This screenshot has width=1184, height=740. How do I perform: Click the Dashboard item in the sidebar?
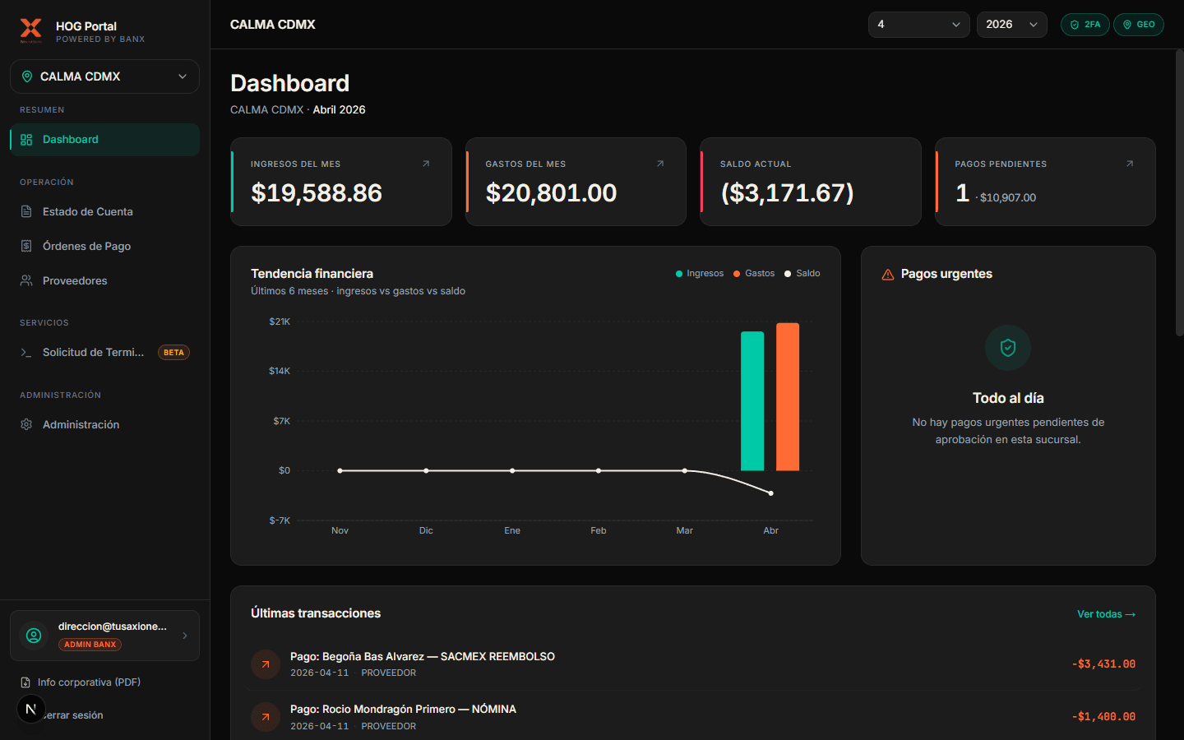point(71,140)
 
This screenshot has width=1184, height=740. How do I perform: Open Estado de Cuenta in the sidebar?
point(87,212)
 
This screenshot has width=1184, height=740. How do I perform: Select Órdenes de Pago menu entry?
point(86,247)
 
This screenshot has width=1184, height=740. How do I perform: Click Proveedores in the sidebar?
point(75,281)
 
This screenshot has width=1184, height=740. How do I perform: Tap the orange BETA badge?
point(173,353)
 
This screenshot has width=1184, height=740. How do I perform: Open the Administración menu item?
point(81,425)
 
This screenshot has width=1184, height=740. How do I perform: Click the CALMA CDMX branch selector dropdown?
point(104,76)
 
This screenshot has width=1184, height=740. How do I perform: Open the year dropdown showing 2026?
point(1011,25)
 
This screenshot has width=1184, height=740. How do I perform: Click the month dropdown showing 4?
point(918,25)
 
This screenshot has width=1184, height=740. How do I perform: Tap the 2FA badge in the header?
point(1085,25)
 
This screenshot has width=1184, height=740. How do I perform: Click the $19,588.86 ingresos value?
point(317,193)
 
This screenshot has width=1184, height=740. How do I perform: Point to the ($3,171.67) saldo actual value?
point(787,193)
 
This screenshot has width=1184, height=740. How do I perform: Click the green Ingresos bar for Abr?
point(752,401)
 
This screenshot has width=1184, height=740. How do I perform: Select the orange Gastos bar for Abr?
point(788,397)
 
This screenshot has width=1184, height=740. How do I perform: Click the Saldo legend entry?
point(802,274)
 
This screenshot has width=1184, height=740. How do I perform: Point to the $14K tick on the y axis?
point(280,372)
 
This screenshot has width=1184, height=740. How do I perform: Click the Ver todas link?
point(1106,614)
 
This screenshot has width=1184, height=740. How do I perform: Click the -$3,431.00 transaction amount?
point(1103,664)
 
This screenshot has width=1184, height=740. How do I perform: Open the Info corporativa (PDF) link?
point(88,682)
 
